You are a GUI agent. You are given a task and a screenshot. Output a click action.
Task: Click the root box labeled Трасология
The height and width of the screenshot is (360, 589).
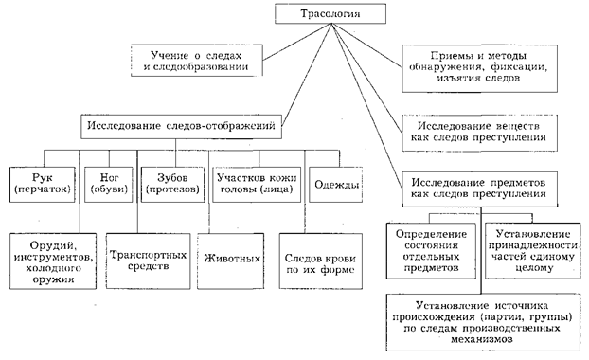(x=330, y=13)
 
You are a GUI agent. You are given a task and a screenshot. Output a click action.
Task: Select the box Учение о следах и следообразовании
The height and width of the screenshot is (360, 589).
(x=196, y=61)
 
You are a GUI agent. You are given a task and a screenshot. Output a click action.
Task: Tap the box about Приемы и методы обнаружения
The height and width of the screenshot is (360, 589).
(x=479, y=68)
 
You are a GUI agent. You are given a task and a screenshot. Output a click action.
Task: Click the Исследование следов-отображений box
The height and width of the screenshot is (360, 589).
(x=181, y=127)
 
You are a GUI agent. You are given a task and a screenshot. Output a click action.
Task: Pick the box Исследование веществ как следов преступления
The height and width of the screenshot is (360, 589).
(x=479, y=133)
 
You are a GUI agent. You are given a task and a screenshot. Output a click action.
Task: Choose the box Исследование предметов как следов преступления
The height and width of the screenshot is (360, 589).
(x=479, y=189)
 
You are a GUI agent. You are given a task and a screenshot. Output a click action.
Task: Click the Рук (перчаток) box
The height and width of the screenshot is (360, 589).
(x=43, y=185)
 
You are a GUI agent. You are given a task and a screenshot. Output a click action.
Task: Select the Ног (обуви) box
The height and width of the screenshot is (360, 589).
(x=109, y=185)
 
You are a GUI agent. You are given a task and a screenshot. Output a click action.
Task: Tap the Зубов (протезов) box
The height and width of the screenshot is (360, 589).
(x=172, y=185)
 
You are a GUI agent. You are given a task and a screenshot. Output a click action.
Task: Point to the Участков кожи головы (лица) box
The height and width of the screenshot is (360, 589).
(x=257, y=185)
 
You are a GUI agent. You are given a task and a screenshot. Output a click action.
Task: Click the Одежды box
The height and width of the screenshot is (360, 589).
(x=336, y=185)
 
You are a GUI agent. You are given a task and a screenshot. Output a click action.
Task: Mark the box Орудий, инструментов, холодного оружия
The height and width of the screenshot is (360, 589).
(x=53, y=261)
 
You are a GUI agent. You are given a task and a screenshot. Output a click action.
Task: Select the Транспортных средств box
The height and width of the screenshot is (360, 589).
(x=148, y=261)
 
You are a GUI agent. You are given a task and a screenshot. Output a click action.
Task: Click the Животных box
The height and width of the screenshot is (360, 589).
(x=231, y=261)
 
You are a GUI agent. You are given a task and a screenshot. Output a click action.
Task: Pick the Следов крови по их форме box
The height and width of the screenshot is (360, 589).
(x=321, y=261)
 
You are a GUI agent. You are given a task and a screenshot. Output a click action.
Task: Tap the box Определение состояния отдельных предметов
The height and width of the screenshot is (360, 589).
(x=431, y=251)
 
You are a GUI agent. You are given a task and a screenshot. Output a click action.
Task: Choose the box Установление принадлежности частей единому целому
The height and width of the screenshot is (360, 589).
(x=532, y=251)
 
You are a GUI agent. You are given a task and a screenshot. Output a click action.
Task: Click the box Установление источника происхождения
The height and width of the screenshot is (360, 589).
(x=483, y=322)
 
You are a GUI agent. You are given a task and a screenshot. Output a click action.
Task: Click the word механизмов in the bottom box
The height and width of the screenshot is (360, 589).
(x=482, y=339)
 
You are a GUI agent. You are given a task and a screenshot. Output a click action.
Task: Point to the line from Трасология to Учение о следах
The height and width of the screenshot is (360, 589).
(x=296, y=42)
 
